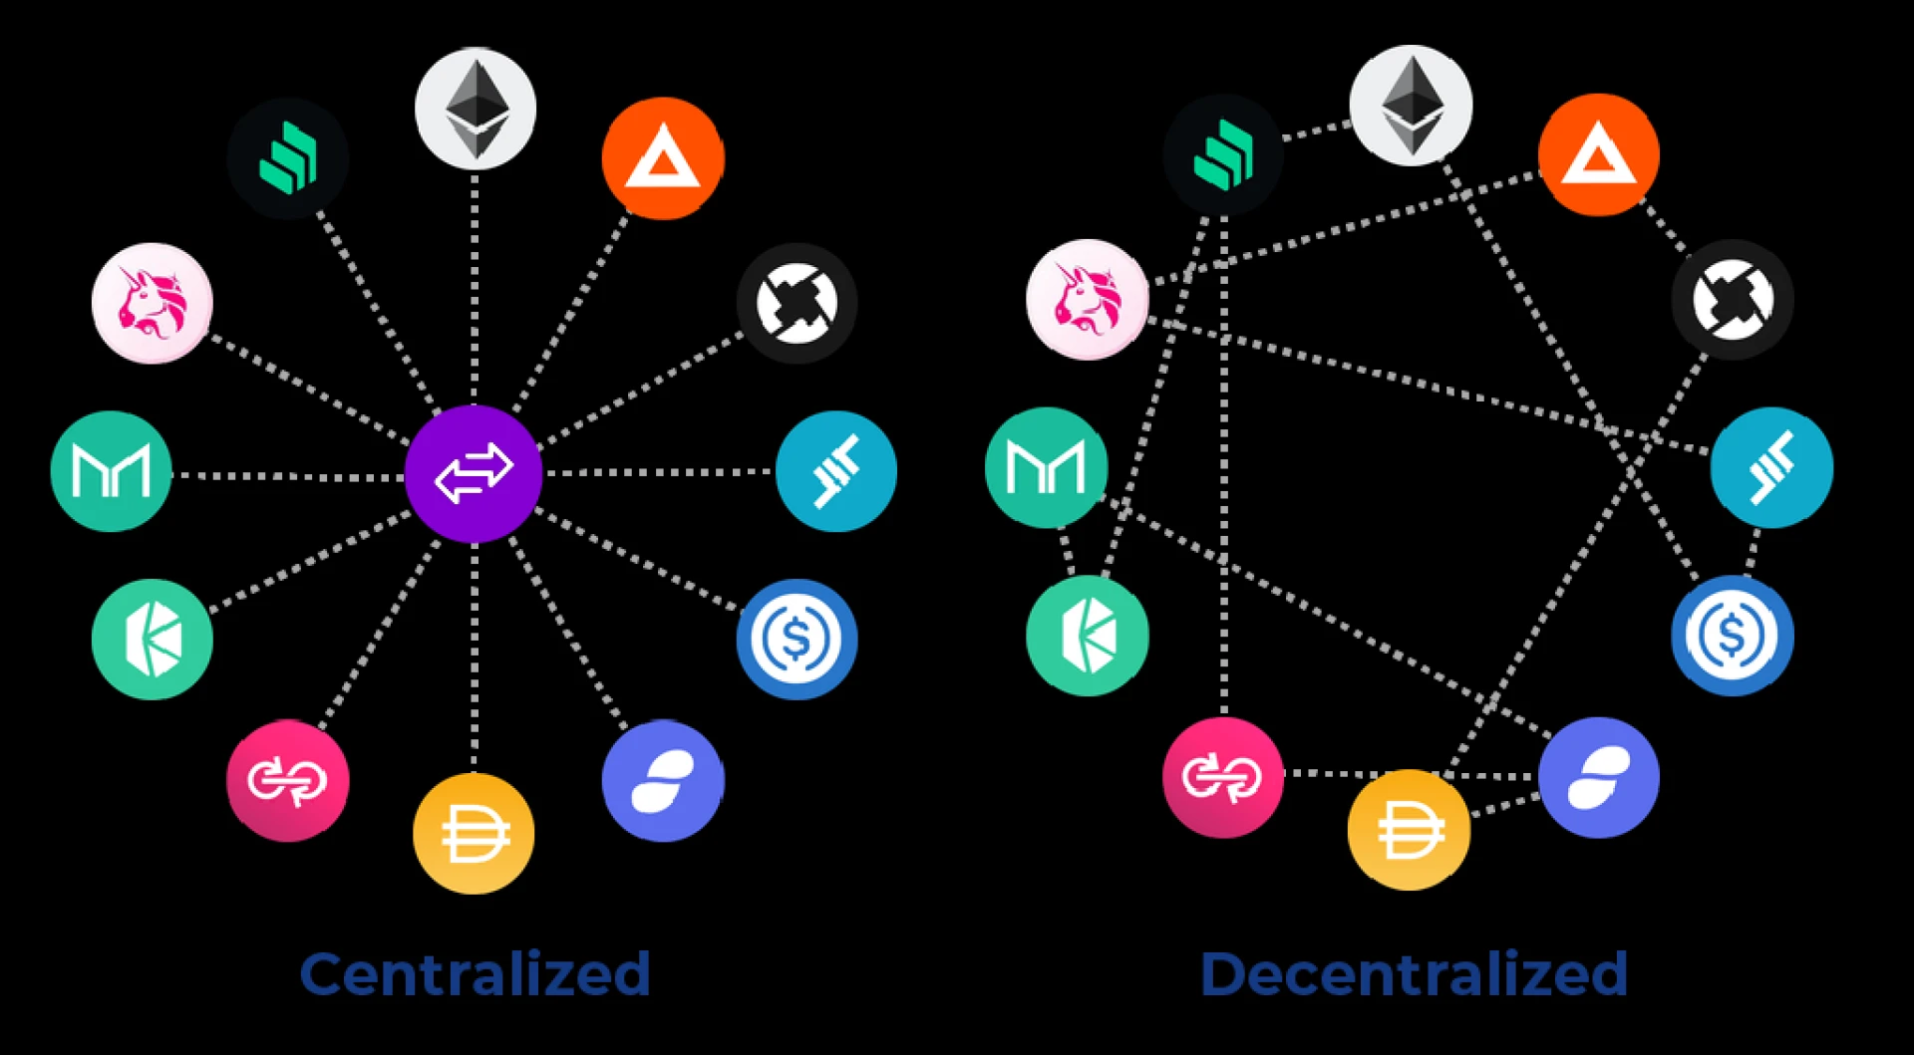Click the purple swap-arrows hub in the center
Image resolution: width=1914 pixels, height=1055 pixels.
(x=474, y=473)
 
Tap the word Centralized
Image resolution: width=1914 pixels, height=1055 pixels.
(x=475, y=973)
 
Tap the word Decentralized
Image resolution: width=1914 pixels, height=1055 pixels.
(x=1414, y=973)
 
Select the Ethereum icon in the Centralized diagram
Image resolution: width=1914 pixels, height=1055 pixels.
(x=476, y=108)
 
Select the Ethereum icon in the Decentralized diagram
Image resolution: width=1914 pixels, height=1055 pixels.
(x=1411, y=105)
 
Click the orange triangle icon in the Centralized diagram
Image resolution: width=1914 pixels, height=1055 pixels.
(x=663, y=157)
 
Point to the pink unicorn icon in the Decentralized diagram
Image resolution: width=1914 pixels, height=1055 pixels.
(x=1087, y=299)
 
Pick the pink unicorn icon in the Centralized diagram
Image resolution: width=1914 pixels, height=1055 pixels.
(x=152, y=303)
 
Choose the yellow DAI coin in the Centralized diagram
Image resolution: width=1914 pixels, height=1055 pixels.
(x=474, y=833)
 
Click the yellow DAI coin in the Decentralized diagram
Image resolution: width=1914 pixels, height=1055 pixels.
(x=1409, y=829)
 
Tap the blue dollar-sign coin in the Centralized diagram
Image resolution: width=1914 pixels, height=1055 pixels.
(x=797, y=639)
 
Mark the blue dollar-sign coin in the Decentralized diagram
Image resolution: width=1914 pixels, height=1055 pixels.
(x=1732, y=635)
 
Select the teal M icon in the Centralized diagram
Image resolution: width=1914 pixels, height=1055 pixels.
(x=111, y=471)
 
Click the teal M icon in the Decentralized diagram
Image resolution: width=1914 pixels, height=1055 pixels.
(x=1046, y=467)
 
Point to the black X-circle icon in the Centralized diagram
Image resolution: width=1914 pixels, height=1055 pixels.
(x=797, y=303)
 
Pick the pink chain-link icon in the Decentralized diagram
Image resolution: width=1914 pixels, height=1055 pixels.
(x=1222, y=777)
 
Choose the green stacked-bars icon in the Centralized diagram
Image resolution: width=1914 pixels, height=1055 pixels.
(x=287, y=157)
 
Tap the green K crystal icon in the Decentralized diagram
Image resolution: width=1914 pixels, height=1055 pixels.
(x=1087, y=635)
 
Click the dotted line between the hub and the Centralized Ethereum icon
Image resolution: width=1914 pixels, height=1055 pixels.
(x=475, y=289)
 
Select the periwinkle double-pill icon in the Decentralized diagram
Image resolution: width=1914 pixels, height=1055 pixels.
(x=1598, y=777)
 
